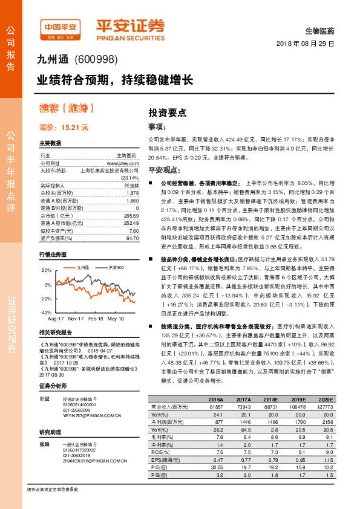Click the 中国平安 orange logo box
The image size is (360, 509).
coord(60,28)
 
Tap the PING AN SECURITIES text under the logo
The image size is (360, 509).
coord(129,35)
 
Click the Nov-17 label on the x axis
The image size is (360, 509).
coord(76,318)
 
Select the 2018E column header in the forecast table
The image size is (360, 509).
coord(269,400)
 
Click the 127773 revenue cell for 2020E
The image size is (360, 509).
coord(325,407)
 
